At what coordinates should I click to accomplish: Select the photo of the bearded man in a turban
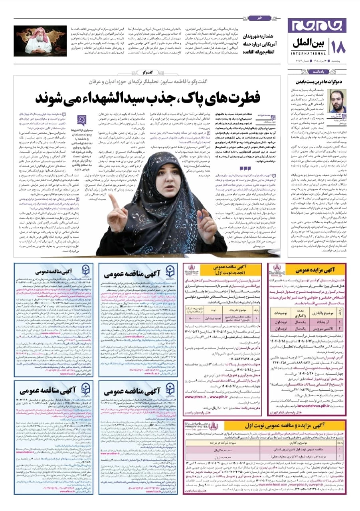pos(40,41)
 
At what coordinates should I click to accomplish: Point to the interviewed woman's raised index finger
pos(113,199)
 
